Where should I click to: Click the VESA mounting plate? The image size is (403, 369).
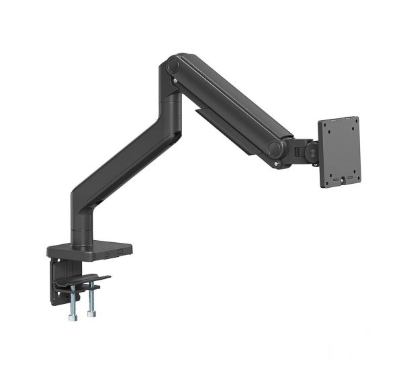click(x=339, y=152)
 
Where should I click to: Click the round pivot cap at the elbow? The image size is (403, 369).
click(x=174, y=66)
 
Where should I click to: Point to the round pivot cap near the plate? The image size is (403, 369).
click(x=275, y=148)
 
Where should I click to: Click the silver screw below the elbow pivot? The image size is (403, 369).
click(x=175, y=82)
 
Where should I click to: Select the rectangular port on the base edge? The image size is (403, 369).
click(x=120, y=252)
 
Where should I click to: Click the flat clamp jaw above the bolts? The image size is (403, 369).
click(x=84, y=280)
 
